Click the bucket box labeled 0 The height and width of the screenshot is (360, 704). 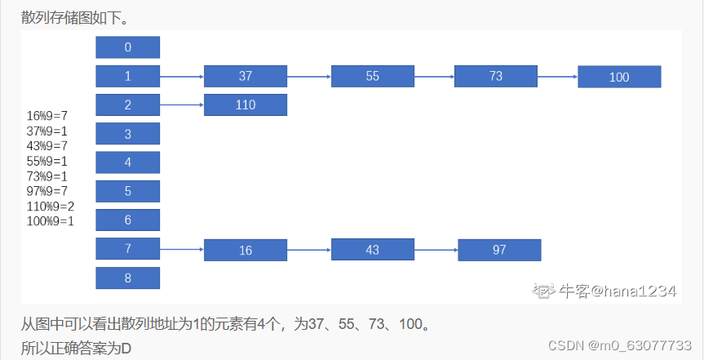pyautogui.click(x=128, y=47)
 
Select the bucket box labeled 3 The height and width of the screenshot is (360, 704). pyautogui.click(x=128, y=134)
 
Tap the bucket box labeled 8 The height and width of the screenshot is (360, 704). pyautogui.click(x=128, y=278)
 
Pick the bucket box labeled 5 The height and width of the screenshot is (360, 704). pyautogui.click(x=128, y=191)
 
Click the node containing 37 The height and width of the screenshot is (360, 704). pyautogui.click(x=246, y=76)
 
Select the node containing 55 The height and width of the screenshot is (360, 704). pyautogui.click(x=373, y=76)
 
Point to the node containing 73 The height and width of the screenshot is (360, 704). pyautogui.click(x=496, y=76)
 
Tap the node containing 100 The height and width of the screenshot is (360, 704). pyautogui.click(x=619, y=77)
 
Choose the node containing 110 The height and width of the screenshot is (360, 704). pyautogui.click(x=246, y=104)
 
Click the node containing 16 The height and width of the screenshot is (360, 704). pyautogui.click(x=246, y=251)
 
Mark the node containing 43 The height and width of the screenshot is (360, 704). pyautogui.click(x=373, y=250)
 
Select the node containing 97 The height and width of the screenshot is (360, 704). pyautogui.click(x=499, y=250)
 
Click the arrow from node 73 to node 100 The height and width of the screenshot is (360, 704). pyautogui.click(x=557, y=78)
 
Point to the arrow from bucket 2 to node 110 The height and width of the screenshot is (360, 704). pyautogui.click(x=182, y=104)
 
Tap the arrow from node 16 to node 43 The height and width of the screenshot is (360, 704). pyautogui.click(x=309, y=250)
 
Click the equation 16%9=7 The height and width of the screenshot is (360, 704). pyautogui.click(x=46, y=116)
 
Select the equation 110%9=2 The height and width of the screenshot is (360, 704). pyautogui.click(x=51, y=206)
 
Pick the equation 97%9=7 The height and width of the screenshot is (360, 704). pyautogui.click(x=46, y=191)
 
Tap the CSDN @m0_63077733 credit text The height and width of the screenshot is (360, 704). pyautogui.click(x=619, y=344)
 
